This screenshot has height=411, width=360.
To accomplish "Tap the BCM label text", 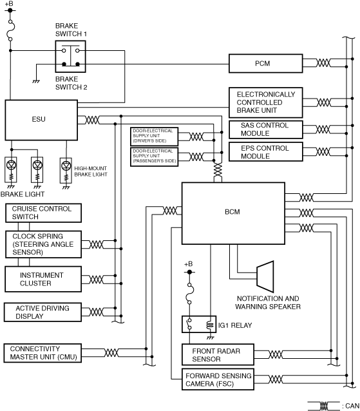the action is coord(232,212).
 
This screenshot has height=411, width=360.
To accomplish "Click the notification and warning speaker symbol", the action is coord(265,276).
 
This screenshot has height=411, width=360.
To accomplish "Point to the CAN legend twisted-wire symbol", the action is coord(324,406).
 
